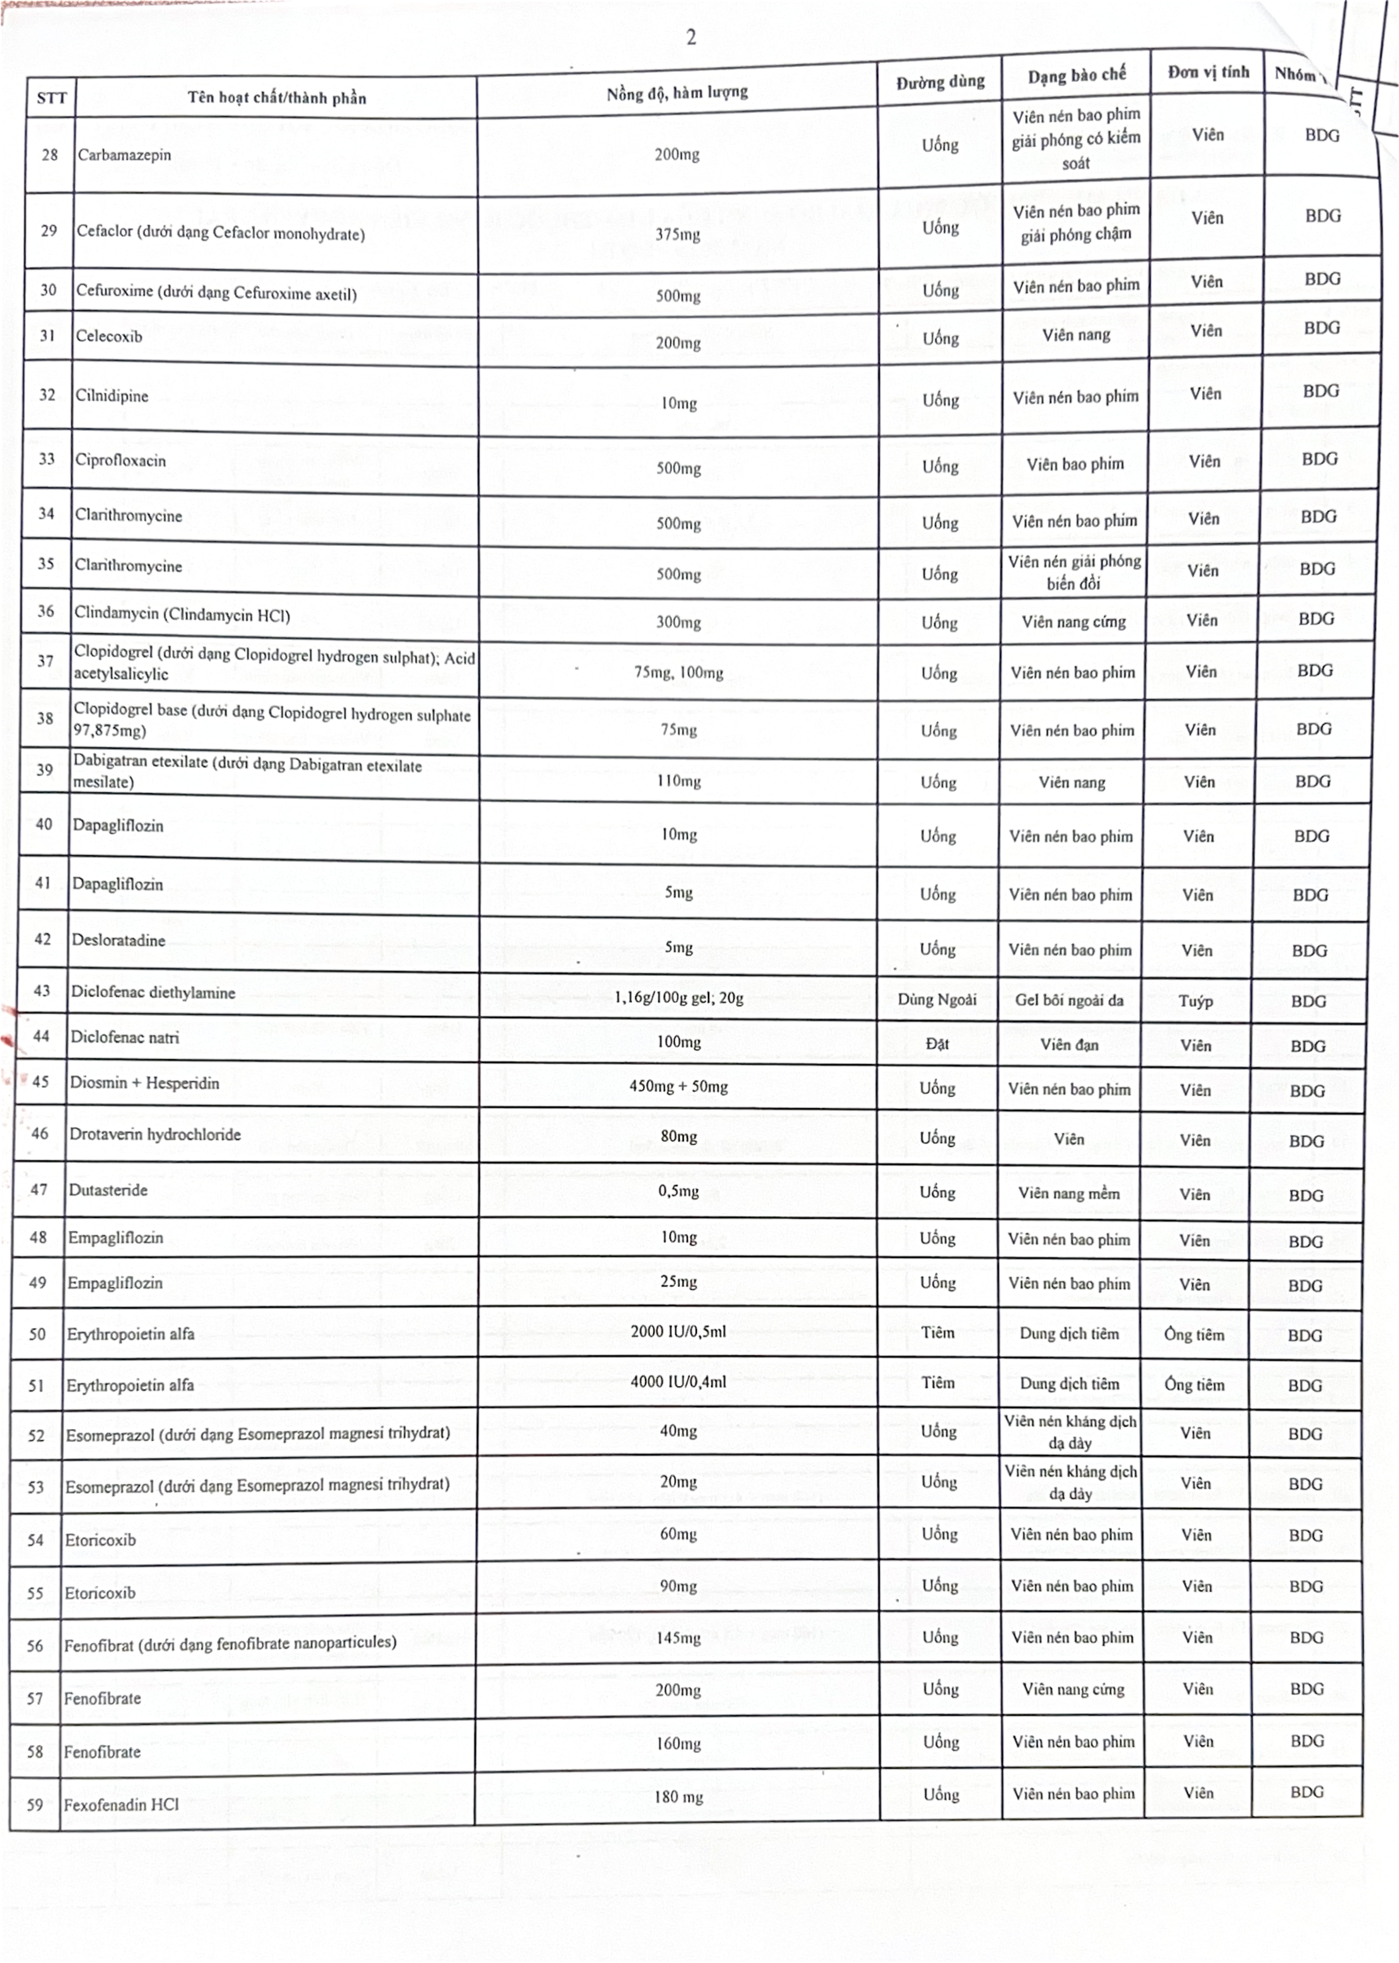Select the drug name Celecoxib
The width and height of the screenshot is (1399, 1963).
pos(109,336)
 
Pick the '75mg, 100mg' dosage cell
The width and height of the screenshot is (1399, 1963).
pos(678,672)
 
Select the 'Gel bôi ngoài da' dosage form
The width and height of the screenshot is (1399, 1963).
pos(1069,1000)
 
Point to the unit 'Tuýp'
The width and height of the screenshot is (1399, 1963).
pos(1196,1001)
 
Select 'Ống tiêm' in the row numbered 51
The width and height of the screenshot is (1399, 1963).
pos(1194,1384)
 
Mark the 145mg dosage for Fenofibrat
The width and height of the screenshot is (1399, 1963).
pos(678,1637)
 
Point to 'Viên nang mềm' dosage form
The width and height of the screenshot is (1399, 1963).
pos(1069,1193)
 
